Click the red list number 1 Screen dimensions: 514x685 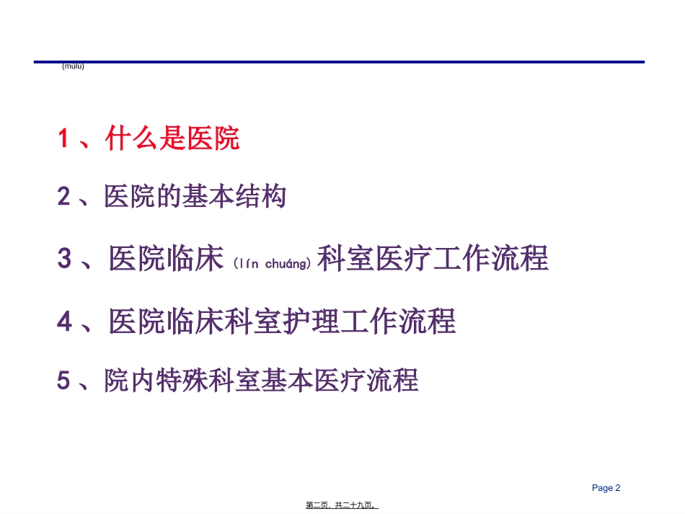point(63,138)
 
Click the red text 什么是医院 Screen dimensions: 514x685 point(172,138)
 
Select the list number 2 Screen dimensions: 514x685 point(64,197)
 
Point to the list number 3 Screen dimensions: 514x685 point(64,259)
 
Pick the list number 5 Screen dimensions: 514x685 point(63,380)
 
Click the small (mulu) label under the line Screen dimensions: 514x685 point(73,67)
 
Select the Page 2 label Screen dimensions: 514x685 point(606,488)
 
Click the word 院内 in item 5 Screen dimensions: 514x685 point(130,380)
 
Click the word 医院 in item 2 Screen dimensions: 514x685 point(130,196)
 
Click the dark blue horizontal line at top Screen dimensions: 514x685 point(339,62)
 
